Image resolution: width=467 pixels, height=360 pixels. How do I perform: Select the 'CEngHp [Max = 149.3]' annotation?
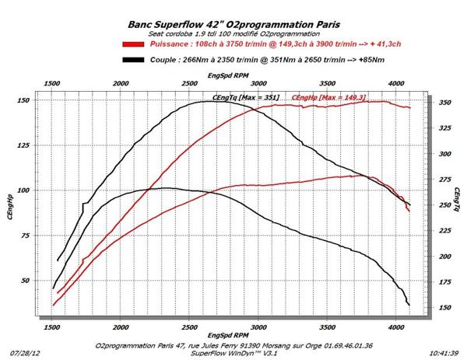tap(321, 97)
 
